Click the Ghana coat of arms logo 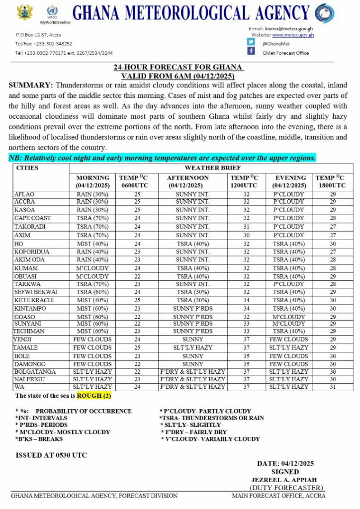pyautogui.click(x=24, y=12)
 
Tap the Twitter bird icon pyautogui.click(x=251, y=42)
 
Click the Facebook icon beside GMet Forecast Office pyautogui.click(x=251, y=52)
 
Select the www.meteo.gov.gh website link pyautogui.click(x=292, y=35)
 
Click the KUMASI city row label pyautogui.click(x=26, y=268)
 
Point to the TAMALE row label pyautogui.click(x=26, y=348)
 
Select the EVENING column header pyautogui.click(x=290, y=178)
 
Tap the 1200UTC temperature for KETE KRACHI pyautogui.click(x=246, y=300)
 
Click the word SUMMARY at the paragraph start pyautogui.click(x=30, y=85)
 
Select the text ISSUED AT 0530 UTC pyautogui.click(x=51, y=455)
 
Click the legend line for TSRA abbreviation pyautogui.click(x=211, y=418)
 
